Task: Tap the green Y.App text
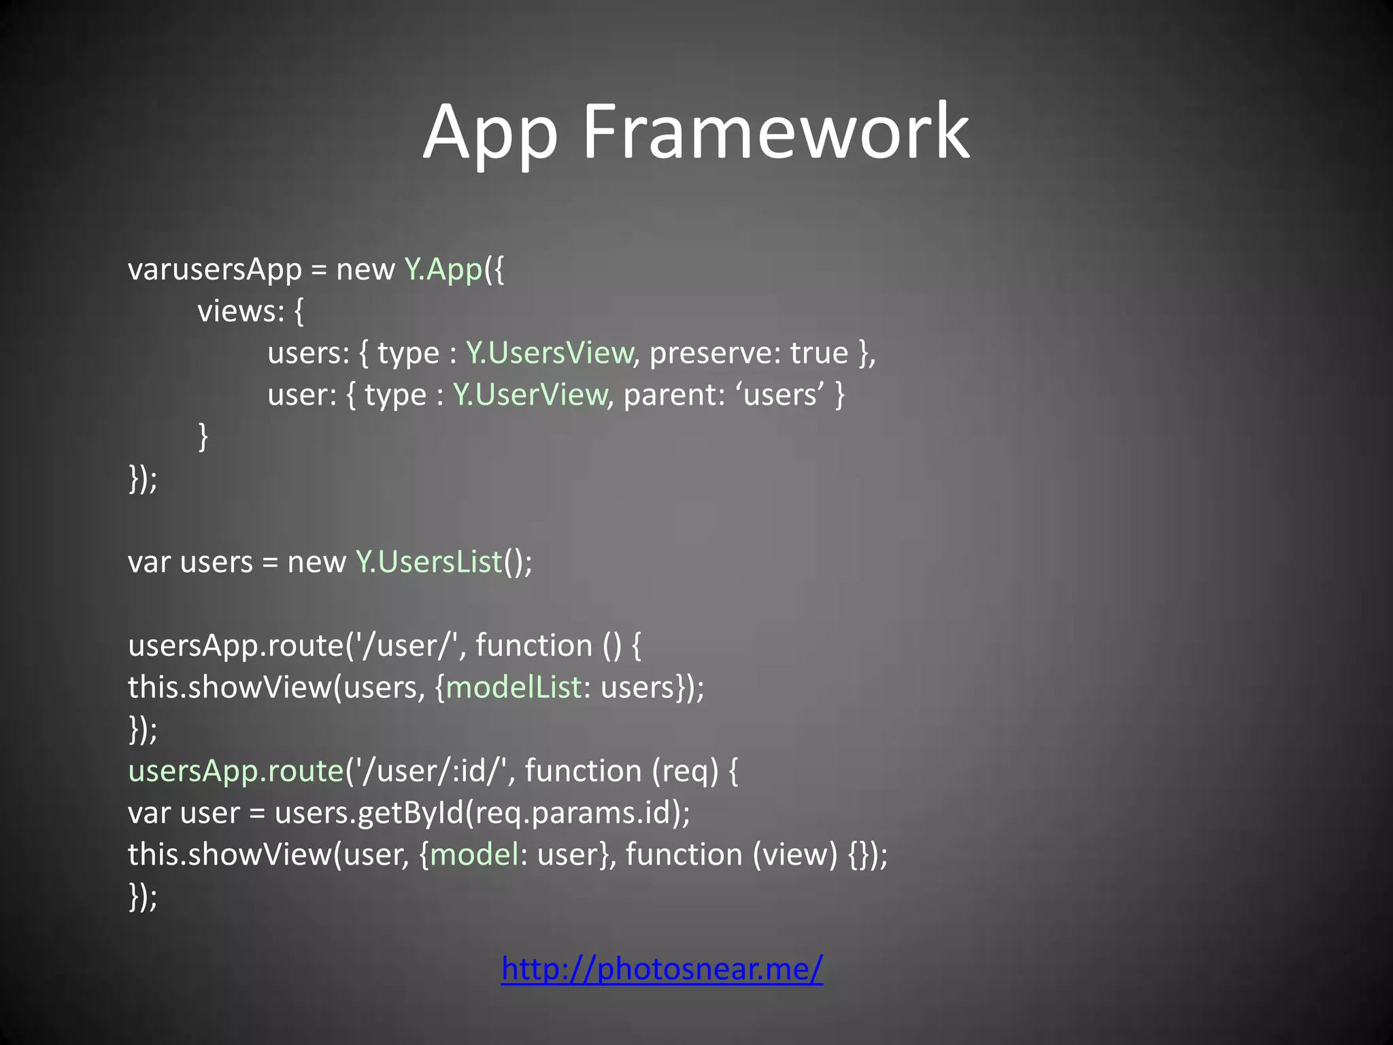coord(443,269)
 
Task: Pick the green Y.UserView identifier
coord(530,395)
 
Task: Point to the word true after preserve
coord(819,353)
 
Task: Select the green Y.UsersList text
coord(429,562)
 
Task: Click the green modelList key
coord(514,687)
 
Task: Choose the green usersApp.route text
coord(235,771)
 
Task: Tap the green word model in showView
coord(475,855)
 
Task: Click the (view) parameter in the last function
coord(795,855)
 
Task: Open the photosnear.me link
coord(662,968)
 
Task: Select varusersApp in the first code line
coord(214,269)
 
